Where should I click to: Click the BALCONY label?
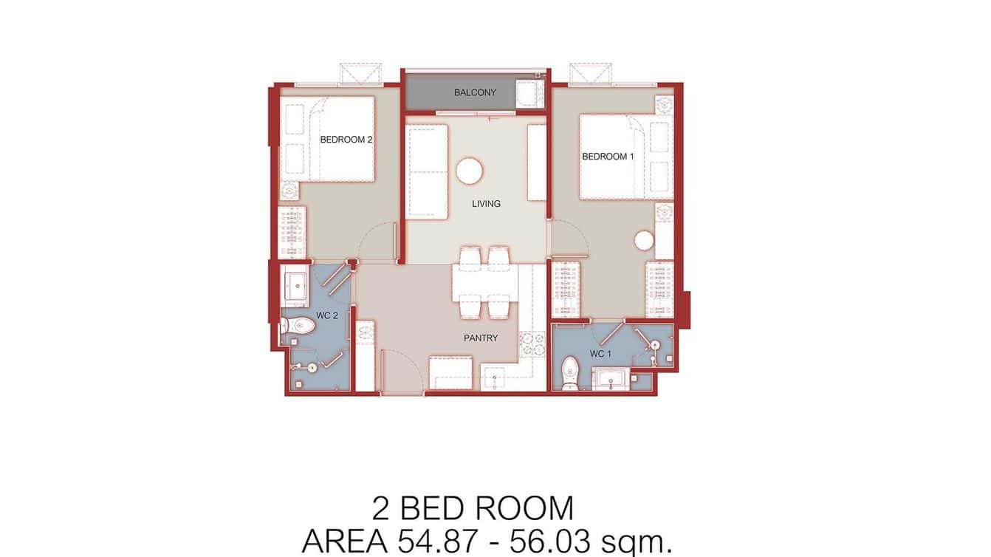coord(475,93)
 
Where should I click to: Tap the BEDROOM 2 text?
coord(346,140)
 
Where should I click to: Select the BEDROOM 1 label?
coord(608,157)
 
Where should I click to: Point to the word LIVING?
coord(486,204)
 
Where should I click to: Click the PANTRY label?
coord(481,338)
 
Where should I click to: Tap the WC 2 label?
coord(326,316)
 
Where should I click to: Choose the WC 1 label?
coord(600,354)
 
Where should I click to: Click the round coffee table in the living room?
coord(469,171)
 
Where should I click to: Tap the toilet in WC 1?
coord(570,372)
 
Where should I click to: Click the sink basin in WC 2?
coord(297,284)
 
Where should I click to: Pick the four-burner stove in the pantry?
coord(531,344)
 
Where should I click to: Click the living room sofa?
coord(427,172)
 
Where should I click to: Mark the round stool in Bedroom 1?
coord(645,241)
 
